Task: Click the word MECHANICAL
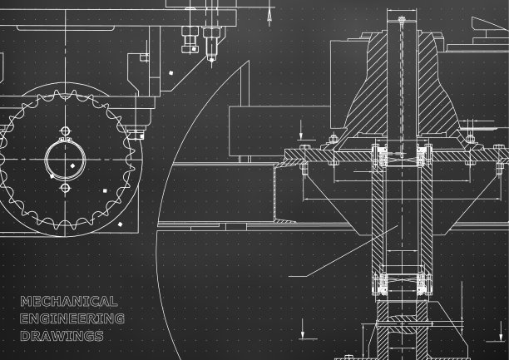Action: click(x=69, y=301)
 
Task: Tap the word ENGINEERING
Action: click(x=72, y=318)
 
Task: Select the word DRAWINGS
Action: click(x=62, y=336)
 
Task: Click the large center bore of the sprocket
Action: click(x=65, y=160)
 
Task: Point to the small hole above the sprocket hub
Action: click(x=65, y=131)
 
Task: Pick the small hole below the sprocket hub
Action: click(x=65, y=188)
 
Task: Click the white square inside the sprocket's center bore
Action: click(x=72, y=166)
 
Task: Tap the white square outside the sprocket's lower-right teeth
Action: click(x=120, y=224)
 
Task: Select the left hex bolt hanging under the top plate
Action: click(x=190, y=40)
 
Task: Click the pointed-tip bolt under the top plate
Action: click(x=211, y=44)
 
